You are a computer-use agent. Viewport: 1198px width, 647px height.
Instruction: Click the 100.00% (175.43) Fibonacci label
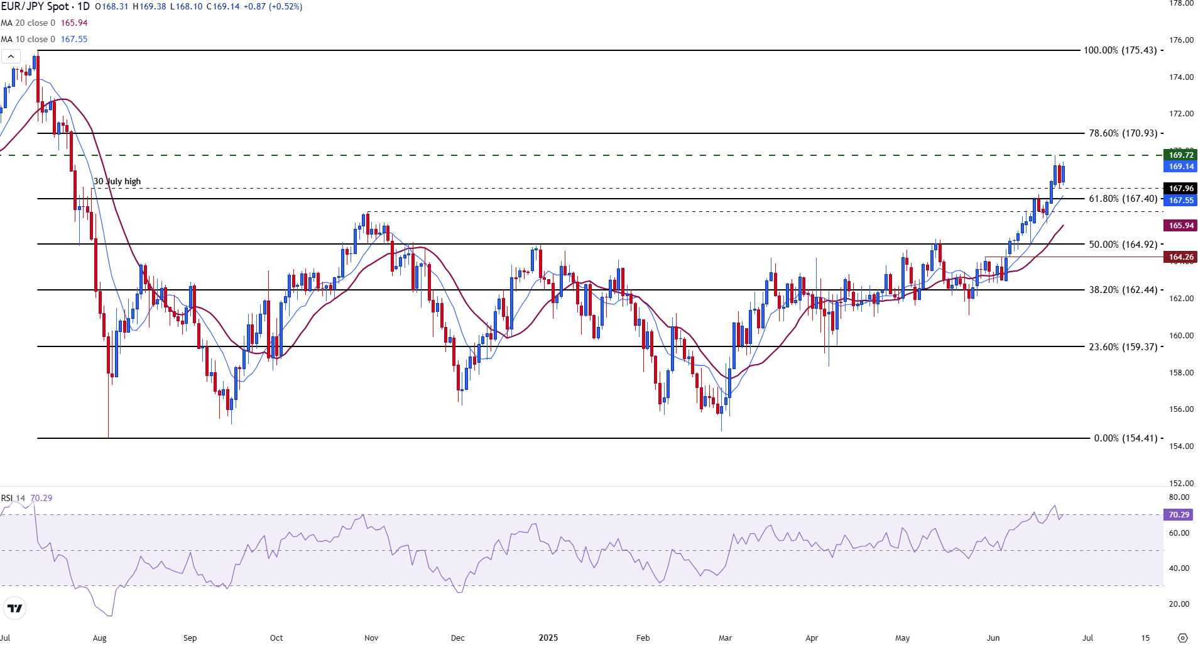click(1119, 50)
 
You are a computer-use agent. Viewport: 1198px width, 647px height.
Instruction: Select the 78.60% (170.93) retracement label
click(1123, 133)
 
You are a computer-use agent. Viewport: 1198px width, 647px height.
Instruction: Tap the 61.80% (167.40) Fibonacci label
click(1123, 199)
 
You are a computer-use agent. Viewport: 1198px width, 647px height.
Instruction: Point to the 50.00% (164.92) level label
click(1123, 244)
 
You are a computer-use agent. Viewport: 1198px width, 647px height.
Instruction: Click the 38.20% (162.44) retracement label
click(1123, 290)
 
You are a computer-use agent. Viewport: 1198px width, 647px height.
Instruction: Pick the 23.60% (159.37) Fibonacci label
click(1123, 346)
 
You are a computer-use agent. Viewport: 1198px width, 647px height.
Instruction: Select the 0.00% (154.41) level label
click(1125, 438)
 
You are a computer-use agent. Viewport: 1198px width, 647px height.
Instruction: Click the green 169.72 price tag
click(1180, 155)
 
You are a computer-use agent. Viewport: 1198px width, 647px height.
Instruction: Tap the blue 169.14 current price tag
click(1180, 167)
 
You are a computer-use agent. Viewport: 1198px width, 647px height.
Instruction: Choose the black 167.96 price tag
click(1180, 189)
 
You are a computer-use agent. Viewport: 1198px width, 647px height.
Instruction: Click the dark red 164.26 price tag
click(1180, 257)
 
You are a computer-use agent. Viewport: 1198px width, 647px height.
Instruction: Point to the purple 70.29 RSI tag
click(1179, 515)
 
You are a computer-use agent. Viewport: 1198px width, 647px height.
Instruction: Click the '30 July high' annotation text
click(117, 182)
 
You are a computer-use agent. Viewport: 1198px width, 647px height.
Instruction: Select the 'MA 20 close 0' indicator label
click(28, 23)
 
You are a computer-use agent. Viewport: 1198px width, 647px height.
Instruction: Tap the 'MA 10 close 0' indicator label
click(28, 39)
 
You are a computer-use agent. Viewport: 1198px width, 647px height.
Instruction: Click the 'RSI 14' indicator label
click(13, 498)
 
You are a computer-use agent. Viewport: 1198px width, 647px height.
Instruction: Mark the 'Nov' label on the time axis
click(371, 638)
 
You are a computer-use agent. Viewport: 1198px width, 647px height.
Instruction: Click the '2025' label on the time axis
click(548, 638)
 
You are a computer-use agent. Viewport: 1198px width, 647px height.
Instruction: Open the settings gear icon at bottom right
click(1182, 638)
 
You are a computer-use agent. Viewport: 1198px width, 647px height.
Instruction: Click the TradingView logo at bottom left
click(14, 608)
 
